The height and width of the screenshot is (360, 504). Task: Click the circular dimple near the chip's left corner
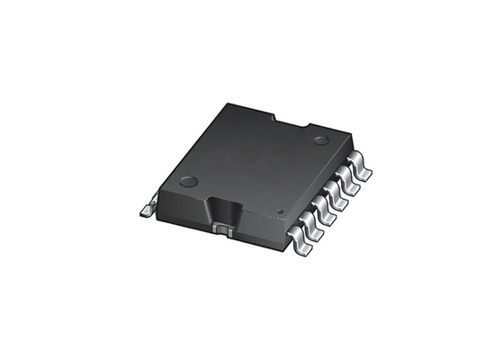(x=188, y=181)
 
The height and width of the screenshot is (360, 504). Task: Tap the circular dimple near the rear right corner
(x=320, y=140)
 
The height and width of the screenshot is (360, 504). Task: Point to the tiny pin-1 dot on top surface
(x=280, y=212)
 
